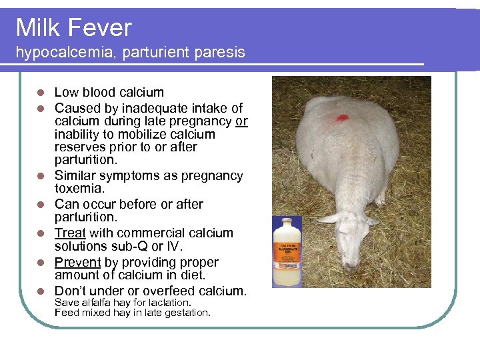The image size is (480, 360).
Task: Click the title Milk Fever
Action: point(74,28)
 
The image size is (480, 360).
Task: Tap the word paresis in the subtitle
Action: point(223,52)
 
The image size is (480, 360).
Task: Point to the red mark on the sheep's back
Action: point(342,117)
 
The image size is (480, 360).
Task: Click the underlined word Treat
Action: point(69,233)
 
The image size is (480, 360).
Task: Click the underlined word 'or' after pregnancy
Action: point(241,121)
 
